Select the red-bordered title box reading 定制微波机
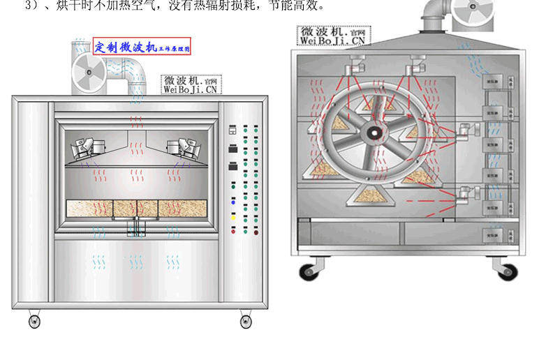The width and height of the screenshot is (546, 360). (142, 47)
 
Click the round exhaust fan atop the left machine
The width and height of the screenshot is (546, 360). (89, 72)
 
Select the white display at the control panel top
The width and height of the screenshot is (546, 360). (233, 130)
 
